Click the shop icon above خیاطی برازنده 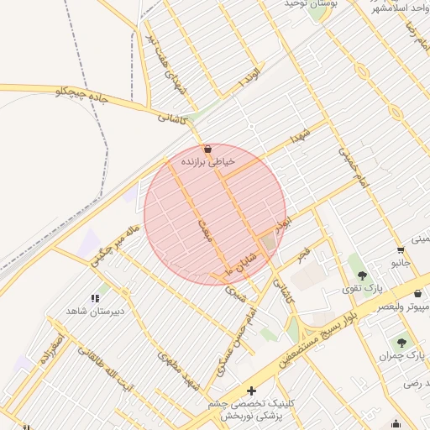tap(207, 149)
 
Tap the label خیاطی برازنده tap(207, 160)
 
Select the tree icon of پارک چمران tap(401, 343)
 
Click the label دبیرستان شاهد tap(95, 311)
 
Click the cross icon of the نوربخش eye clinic tap(252, 391)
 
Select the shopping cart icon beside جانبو tap(401, 249)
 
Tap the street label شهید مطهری tap(181, 371)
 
